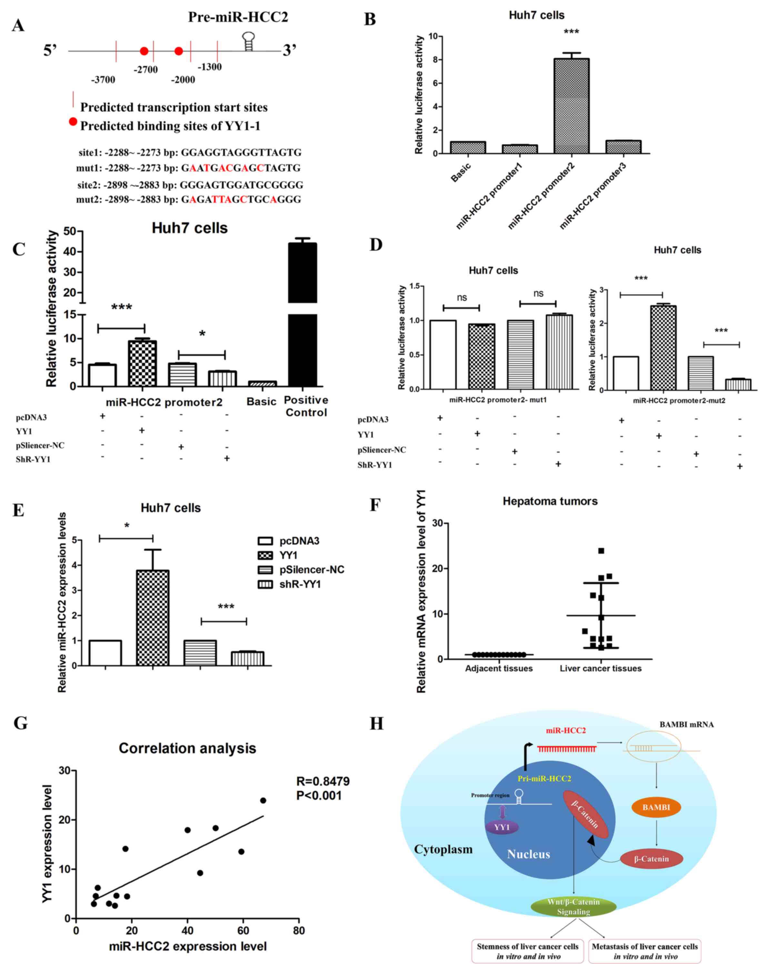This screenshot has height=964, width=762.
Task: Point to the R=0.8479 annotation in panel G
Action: tap(323, 781)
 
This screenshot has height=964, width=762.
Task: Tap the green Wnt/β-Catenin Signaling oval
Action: tap(573, 907)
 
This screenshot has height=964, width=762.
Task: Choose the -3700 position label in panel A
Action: tap(103, 80)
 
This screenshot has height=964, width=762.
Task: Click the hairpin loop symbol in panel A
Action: tap(248, 41)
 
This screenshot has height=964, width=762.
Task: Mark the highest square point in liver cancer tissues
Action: tap(601, 551)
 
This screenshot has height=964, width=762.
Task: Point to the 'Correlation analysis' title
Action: tap(187, 748)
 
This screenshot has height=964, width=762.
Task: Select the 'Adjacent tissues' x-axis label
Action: tap(499, 669)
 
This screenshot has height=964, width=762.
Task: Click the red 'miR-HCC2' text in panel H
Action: tap(566, 731)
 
